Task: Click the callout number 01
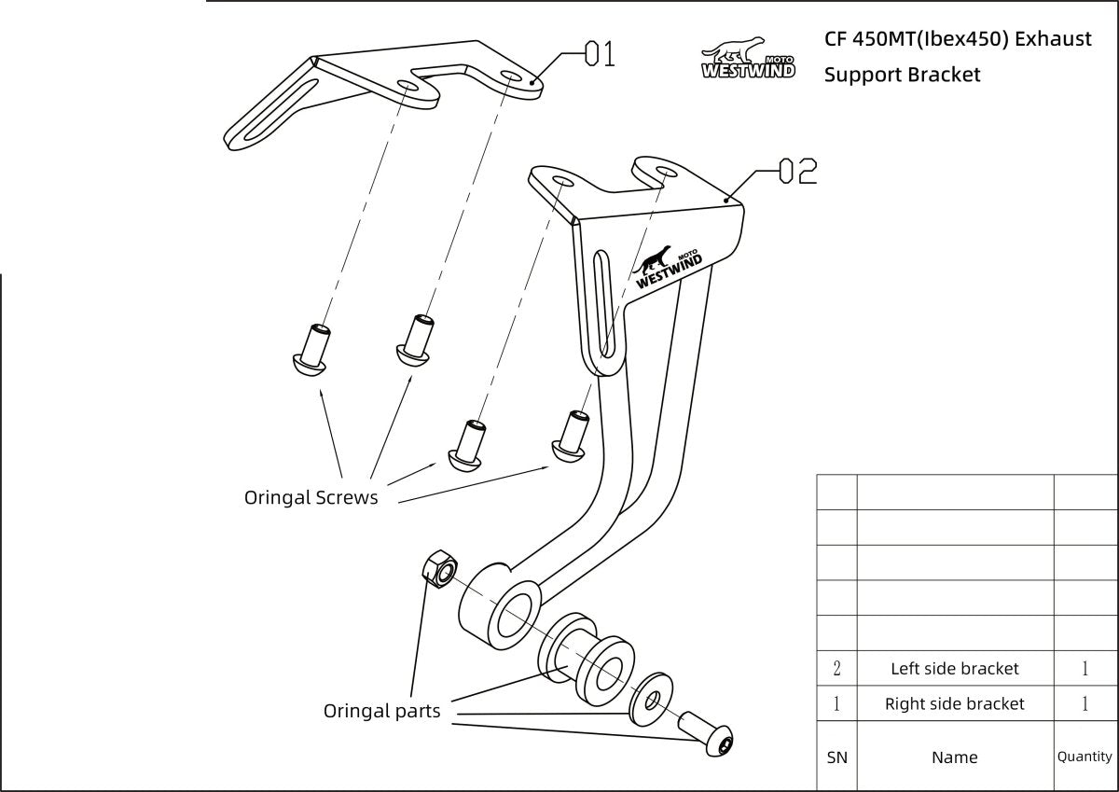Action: (x=600, y=54)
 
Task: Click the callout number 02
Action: (x=797, y=171)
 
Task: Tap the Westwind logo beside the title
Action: (x=748, y=58)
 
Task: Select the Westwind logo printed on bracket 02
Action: (x=669, y=268)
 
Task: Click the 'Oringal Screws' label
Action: (x=311, y=497)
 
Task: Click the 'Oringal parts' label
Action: (x=381, y=711)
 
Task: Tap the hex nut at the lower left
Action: (x=438, y=566)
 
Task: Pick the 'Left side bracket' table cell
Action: (x=955, y=668)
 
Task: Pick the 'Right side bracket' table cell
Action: (x=955, y=703)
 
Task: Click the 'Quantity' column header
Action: (x=1084, y=757)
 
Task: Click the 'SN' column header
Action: (x=836, y=757)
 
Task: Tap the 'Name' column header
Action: (x=955, y=757)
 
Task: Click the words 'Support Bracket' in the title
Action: (x=902, y=75)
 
